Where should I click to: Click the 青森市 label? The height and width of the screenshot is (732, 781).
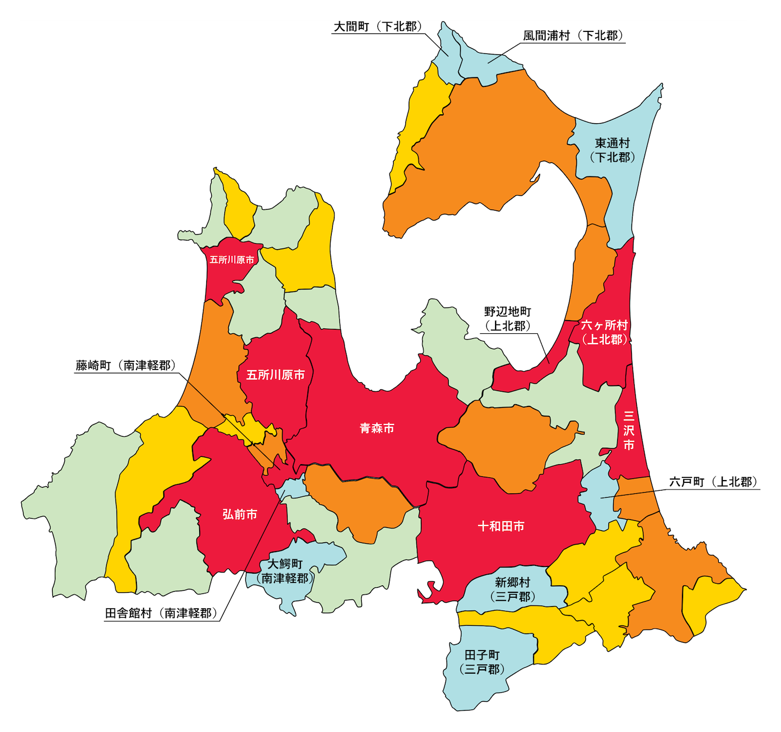click(x=377, y=428)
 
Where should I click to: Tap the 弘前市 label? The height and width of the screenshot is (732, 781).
click(x=240, y=514)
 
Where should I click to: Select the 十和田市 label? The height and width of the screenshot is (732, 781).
click(x=501, y=526)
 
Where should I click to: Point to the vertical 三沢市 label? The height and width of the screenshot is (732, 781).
click(x=629, y=430)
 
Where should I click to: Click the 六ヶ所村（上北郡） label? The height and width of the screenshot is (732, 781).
click(x=604, y=332)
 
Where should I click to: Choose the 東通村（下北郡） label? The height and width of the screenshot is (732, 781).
click(x=612, y=150)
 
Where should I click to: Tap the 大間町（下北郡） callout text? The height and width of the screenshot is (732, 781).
click(x=378, y=26)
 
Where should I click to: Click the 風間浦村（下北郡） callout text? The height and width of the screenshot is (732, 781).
click(x=573, y=36)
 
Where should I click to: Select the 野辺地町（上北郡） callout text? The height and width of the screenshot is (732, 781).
click(x=508, y=319)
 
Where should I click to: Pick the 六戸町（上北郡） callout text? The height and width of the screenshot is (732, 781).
click(x=713, y=482)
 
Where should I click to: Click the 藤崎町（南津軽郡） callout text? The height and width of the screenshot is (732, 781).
click(x=126, y=365)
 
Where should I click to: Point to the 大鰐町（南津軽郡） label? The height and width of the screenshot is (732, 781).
click(x=285, y=571)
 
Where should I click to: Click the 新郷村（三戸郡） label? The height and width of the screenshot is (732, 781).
click(x=512, y=589)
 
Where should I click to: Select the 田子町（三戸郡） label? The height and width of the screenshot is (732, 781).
click(x=482, y=662)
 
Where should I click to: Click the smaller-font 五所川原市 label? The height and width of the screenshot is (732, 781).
click(x=232, y=260)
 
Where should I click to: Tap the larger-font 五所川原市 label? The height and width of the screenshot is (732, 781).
click(x=275, y=375)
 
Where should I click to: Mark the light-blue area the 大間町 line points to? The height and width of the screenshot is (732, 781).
click(x=447, y=52)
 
